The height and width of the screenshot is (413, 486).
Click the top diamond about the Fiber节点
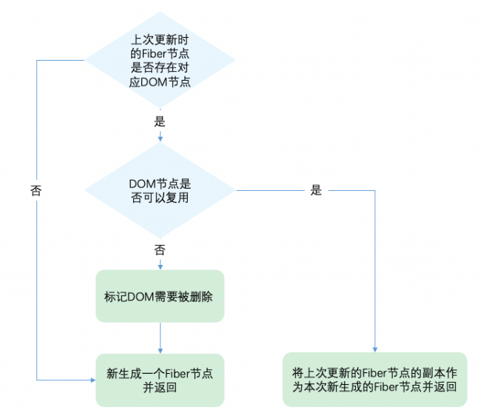(161, 59)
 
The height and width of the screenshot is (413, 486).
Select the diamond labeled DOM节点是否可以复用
(161, 191)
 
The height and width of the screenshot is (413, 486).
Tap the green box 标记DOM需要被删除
(160, 295)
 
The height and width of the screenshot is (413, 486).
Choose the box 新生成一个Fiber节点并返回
(160, 379)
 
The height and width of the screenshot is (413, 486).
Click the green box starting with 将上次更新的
(374, 379)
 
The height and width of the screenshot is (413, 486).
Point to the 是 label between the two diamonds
(160, 120)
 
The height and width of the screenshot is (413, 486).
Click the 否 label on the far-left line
(36, 190)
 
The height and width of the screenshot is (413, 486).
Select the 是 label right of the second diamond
(317, 190)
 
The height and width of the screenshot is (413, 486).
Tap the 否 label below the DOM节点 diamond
(160, 249)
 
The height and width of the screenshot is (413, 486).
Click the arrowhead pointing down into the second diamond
(160, 137)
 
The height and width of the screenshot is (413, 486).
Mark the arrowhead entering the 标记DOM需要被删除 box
(160, 266)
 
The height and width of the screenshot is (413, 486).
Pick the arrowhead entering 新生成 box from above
(160, 350)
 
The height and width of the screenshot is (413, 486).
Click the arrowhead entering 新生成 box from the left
(92, 380)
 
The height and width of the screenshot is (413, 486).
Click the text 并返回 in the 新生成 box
(160, 386)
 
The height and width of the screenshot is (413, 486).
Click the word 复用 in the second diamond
(175, 198)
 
